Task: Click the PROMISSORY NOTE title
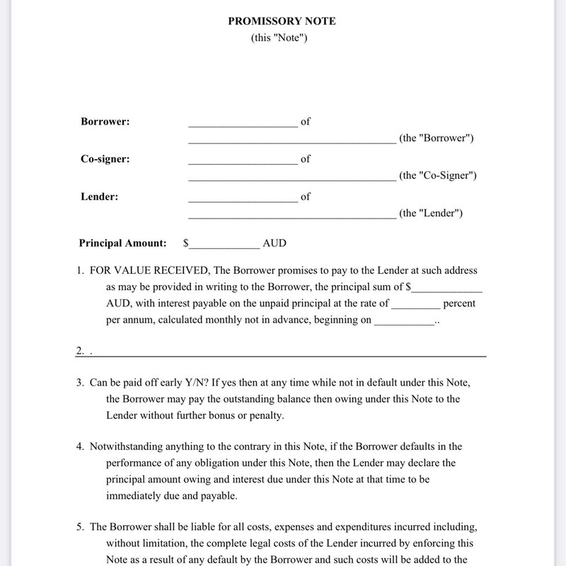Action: pyautogui.click(x=282, y=21)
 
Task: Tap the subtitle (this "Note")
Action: pyautogui.click(x=279, y=37)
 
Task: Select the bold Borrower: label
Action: pyautogui.click(x=105, y=122)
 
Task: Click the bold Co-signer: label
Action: pyautogui.click(x=105, y=159)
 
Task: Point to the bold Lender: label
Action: pyautogui.click(x=99, y=197)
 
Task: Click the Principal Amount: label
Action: pyautogui.click(x=122, y=243)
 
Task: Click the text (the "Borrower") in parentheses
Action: pyautogui.click(x=436, y=138)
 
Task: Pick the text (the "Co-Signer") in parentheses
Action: pyautogui.click(x=437, y=175)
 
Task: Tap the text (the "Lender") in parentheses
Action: pyautogui.click(x=431, y=213)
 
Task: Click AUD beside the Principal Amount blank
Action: pyautogui.click(x=275, y=243)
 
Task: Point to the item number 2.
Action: pyautogui.click(x=81, y=351)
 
